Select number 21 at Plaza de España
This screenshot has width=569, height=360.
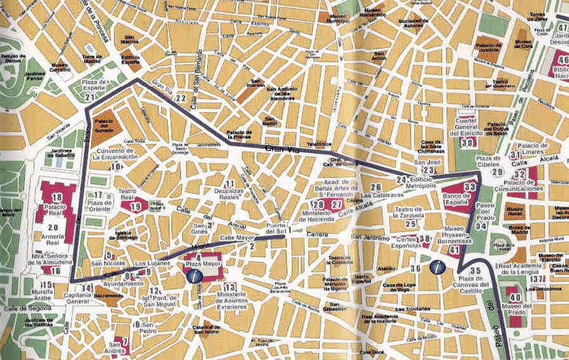[x=90, y=97]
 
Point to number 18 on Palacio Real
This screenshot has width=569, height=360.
[x=57, y=198]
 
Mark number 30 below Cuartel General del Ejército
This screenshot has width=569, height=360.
[x=468, y=142]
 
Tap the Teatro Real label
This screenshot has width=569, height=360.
[x=135, y=194]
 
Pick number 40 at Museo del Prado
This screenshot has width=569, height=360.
[x=515, y=297]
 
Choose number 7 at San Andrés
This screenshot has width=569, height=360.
[x=124, y=340]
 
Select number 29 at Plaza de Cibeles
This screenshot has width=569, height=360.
[x=498, y=172]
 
